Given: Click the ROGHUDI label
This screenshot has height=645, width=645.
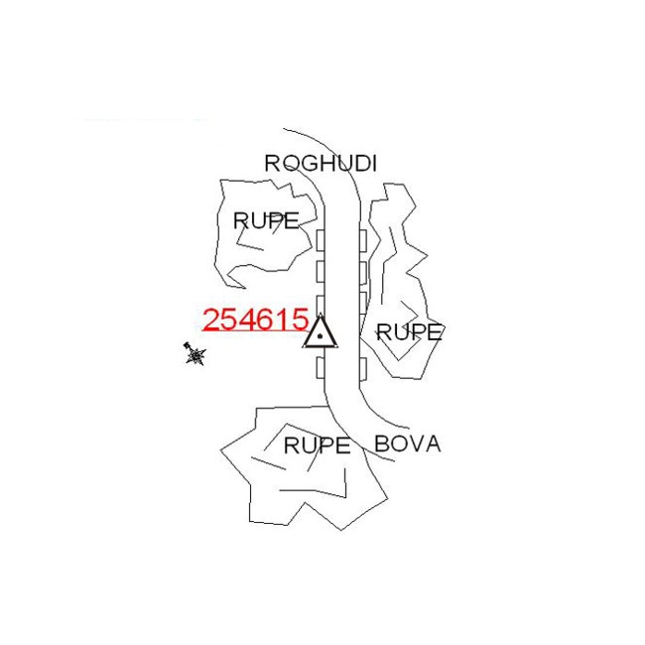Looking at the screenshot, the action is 321,164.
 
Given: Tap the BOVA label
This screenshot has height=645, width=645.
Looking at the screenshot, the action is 407,444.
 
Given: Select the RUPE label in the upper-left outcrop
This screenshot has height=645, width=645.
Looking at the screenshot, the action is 265,221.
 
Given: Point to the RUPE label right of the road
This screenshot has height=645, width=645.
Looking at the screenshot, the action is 409,332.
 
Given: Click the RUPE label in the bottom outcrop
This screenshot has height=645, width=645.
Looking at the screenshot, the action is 317,446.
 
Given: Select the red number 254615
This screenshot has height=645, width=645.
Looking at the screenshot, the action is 255,320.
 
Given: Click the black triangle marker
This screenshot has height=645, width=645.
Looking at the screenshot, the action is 321,332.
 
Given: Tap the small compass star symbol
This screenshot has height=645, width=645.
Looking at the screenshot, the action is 195,354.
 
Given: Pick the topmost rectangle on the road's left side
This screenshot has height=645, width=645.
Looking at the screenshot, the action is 321,239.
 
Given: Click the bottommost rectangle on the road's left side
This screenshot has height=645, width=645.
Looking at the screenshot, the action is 321,368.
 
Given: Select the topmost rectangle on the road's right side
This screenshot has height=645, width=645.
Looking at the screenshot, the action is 363,239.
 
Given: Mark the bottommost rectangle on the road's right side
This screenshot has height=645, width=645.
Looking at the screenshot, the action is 363,369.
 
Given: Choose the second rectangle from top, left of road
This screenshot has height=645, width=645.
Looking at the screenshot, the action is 321,271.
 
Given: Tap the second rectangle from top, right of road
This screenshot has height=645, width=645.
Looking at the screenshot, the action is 363,271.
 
